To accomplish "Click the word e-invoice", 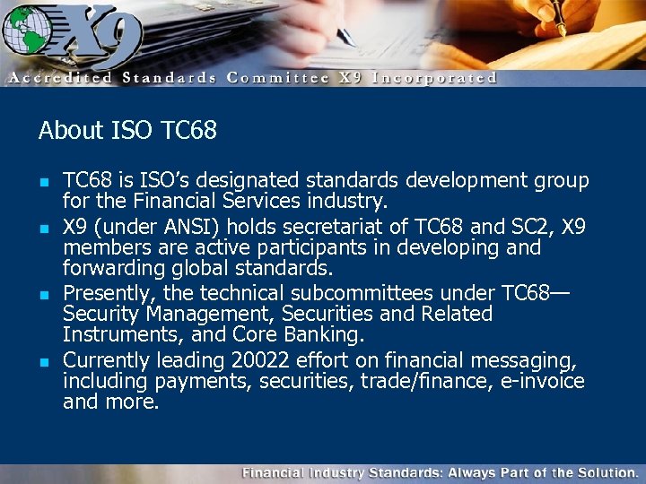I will [542, 382].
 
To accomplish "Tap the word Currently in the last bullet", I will [108, 361].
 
